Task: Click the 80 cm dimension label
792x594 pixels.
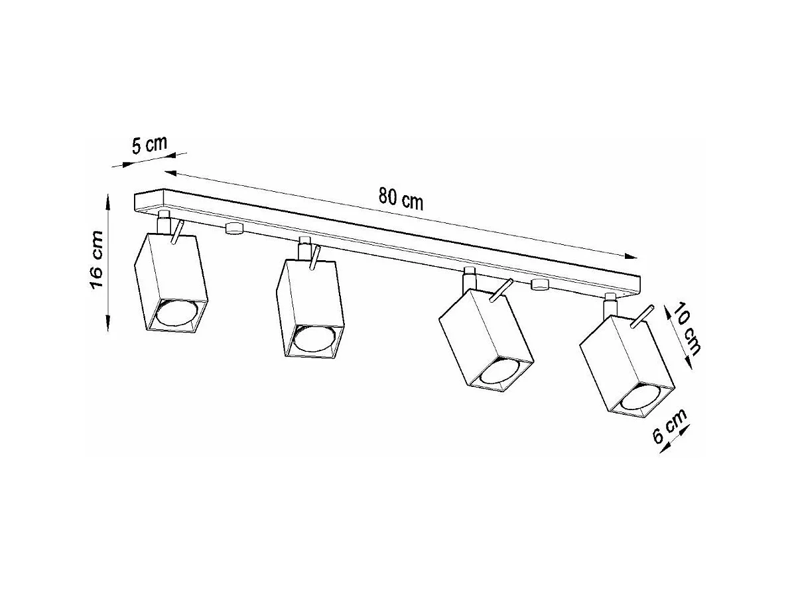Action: coord(401,198)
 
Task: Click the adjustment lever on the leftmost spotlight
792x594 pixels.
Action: coord(176,233)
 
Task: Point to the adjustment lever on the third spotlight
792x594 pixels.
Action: coord(501,291)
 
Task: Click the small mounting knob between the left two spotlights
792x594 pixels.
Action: coord(233,228)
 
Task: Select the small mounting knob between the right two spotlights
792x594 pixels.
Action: coord(540,285)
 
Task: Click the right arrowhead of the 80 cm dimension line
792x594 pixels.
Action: coord(632,256)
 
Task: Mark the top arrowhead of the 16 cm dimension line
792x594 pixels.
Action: coord(108,198)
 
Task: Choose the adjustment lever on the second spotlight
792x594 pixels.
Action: coord(314,258)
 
